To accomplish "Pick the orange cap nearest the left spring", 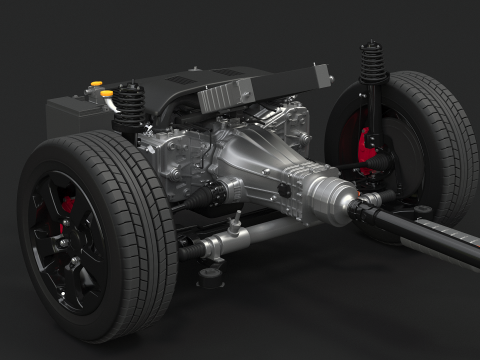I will coord(107,95).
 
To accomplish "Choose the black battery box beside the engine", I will coord(70,115).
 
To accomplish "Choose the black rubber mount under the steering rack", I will coord(211,270).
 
